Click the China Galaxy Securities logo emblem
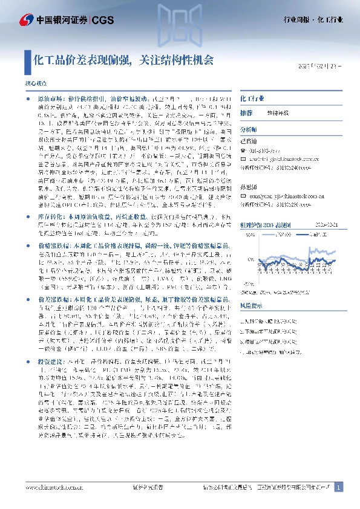pos(27,19)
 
